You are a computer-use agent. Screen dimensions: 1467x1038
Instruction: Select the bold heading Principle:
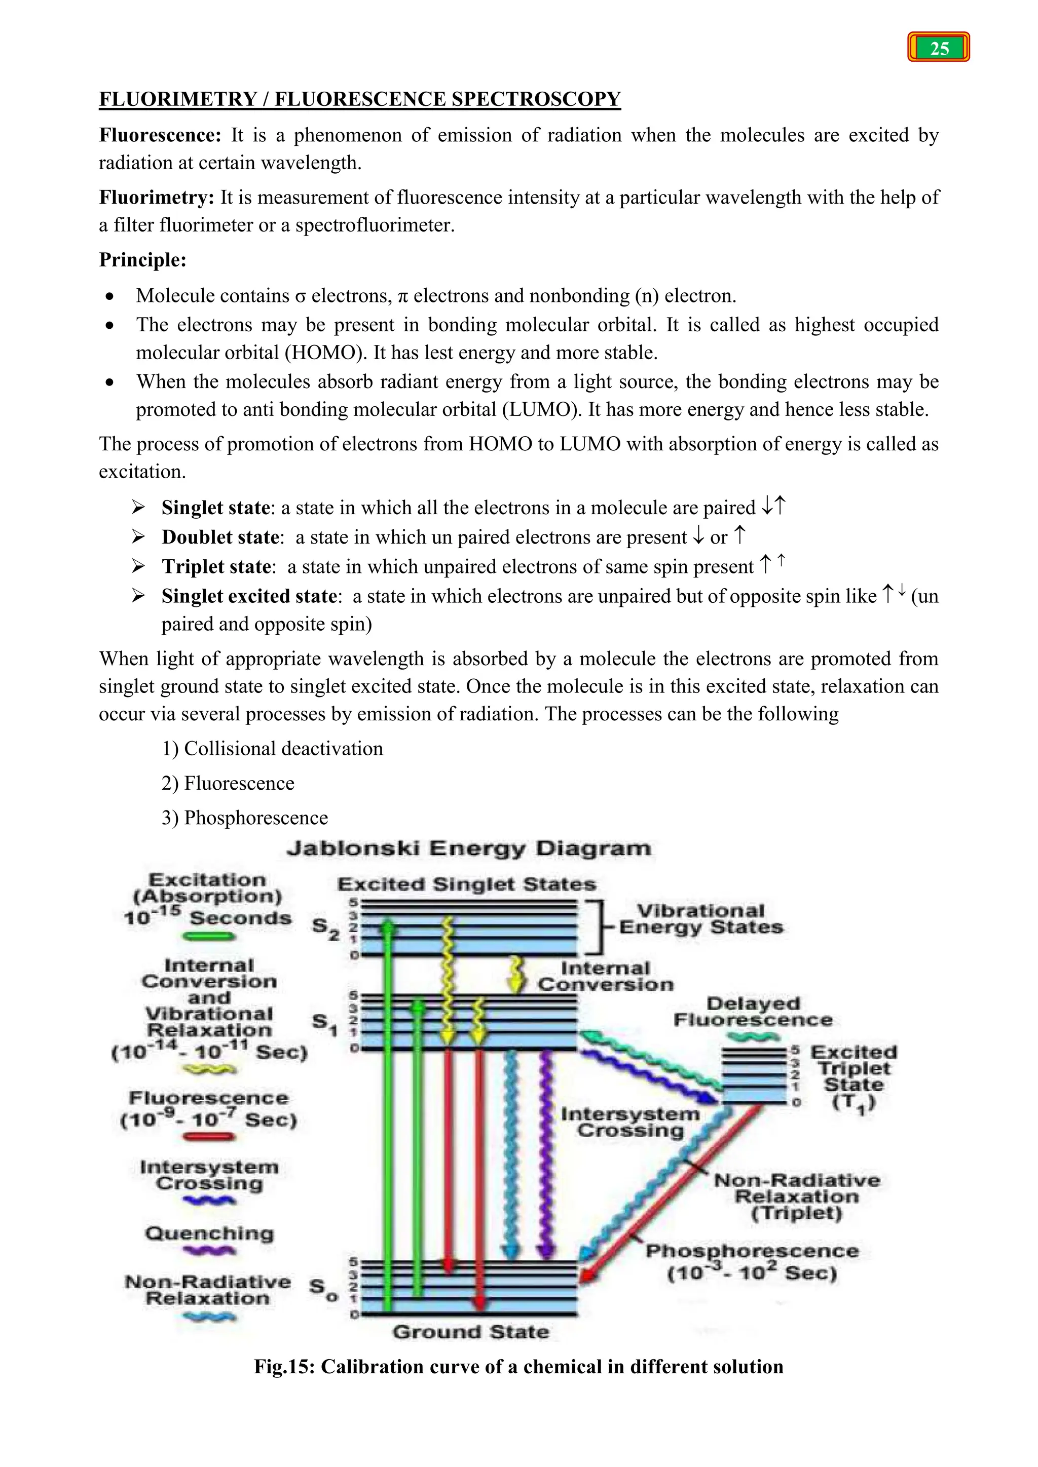click(x=142, y=259)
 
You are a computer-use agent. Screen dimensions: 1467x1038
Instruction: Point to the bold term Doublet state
click(x=220, y=537)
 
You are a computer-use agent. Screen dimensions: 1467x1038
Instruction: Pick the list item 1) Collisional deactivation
click(x=272, y=748)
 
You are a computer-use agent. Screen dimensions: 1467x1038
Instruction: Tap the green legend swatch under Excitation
click(x=208, y=937)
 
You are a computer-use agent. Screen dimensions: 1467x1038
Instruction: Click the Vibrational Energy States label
click(x=700, y=919)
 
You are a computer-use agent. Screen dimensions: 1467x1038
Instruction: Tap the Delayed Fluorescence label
click(x=753, y=1012)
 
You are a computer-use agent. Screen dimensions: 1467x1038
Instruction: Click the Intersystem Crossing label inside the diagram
click(x=630, y=1122)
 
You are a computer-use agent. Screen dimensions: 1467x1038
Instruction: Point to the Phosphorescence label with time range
click(x=752, y=1262)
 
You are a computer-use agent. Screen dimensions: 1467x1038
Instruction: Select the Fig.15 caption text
click(x=518, y=1367)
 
